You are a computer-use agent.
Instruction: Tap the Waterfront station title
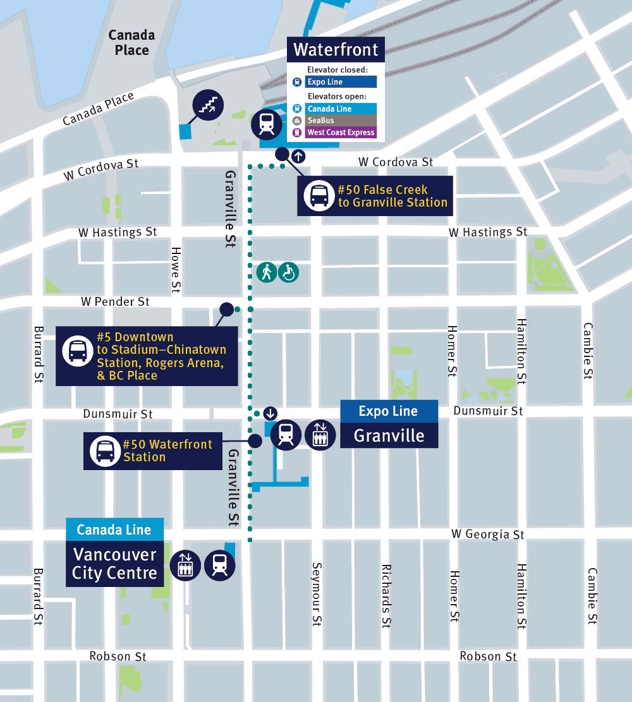pos(336,49)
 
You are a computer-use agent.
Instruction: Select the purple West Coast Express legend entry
pos(341,133)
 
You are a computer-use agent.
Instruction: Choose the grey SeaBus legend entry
pos(341,121)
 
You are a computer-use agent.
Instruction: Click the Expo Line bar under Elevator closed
pos(341,82)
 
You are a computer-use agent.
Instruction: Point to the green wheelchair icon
pos(289,272)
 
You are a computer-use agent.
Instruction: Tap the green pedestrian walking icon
pos(267,272)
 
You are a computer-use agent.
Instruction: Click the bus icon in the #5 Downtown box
pos(78,349)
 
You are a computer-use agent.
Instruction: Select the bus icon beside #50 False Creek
pos(317,196)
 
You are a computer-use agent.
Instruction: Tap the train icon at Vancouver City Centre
pos(220,564)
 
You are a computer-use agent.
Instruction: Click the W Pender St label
pos(115,301)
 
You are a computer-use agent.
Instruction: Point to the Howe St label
pos(176,269)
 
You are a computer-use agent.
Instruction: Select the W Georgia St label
pos(487,535)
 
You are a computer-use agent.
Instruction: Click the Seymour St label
pos(317,594)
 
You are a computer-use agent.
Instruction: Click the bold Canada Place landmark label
pos(131,42)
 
